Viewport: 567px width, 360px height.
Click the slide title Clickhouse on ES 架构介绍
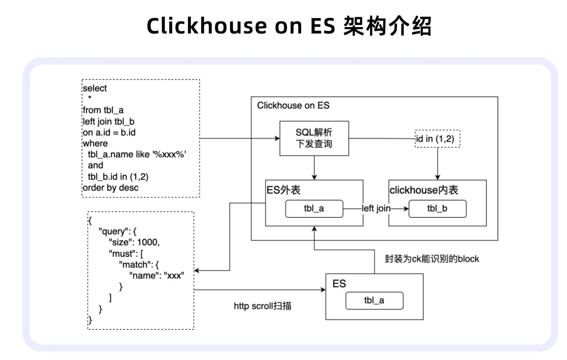pos(289,26)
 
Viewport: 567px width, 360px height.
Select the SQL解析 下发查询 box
pos(314,138)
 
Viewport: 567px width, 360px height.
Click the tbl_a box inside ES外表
pos(314,208)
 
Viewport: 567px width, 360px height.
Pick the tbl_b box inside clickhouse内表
pos(437,208)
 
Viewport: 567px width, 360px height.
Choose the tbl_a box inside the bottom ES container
pos(374,301)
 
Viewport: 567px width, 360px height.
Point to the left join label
pos(376,208)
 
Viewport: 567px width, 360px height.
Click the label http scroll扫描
pos(262,306)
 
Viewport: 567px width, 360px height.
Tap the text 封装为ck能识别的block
pos(431,259)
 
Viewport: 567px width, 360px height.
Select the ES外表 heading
pos(283,190)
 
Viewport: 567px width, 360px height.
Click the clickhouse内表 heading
pos(423,190)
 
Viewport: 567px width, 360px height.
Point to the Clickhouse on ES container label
pos(293,106)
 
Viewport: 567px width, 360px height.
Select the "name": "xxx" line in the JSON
pos(156,275)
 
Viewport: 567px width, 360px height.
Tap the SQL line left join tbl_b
pos(108,121)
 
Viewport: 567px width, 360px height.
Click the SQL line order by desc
pos(110,188)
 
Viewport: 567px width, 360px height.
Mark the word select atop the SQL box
pos(95,88)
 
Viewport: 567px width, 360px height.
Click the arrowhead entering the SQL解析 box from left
pos(277,138)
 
